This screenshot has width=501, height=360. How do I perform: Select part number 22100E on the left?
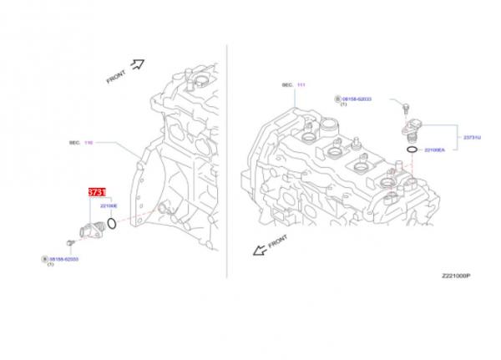tap(109, 205)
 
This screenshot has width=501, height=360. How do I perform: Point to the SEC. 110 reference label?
tap(79, 143)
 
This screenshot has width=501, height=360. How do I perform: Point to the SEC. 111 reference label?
tap(292, 85)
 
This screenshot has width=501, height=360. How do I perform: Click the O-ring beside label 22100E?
tap(112, 223)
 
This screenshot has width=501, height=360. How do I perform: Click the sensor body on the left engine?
tap(90, 228)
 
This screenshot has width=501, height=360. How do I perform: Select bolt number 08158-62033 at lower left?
tap(65, 260)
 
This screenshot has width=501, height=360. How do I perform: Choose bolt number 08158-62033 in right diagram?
tap(354, 98)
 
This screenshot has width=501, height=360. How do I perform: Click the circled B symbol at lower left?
tap(45, 260)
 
